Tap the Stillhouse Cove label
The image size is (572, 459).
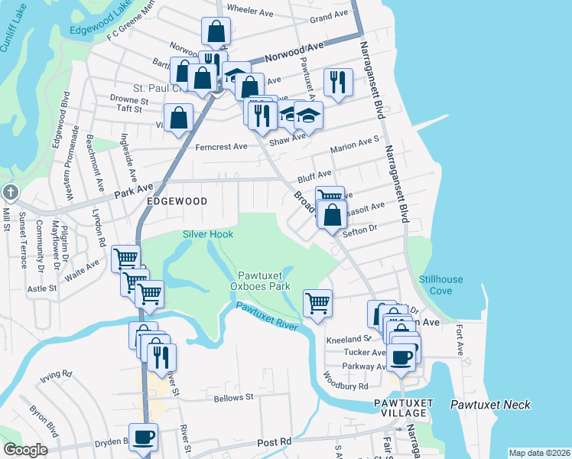440,285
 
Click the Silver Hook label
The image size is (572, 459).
207,234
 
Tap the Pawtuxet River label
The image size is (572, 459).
266,316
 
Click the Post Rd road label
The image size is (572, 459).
275,442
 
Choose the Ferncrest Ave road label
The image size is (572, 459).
222,146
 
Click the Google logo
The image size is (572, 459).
25,450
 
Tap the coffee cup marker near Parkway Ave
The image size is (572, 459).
401,356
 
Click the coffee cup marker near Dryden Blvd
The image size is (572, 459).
143,437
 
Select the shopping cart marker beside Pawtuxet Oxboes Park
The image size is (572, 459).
317,302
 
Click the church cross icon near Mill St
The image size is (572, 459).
9,191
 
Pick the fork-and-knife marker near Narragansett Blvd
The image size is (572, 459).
338,81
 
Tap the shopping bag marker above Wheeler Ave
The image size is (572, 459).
216,32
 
